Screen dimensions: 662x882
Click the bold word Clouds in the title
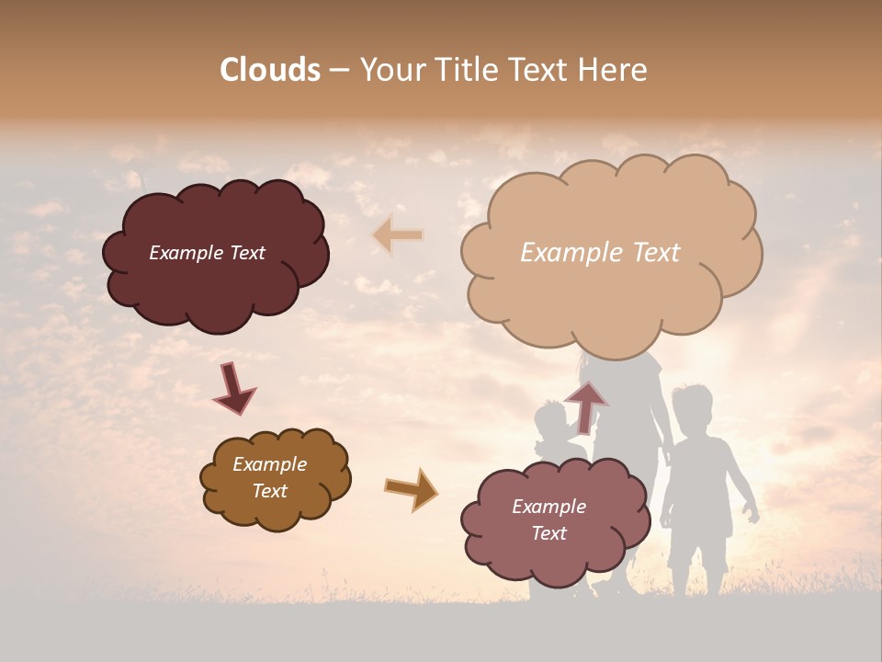pyautogui.click(x=270, y=70)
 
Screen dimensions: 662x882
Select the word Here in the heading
pyautogui.click(x=615, y=70)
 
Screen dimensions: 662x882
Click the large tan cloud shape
pyautogui.click(x=611, y=303)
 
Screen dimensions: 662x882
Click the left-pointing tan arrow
pyautogui.click(x=397, y=235)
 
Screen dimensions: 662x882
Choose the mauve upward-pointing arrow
pyautogui.click(x=586, y=406)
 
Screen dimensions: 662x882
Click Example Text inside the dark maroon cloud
pyautogui.click(x=207, y=253)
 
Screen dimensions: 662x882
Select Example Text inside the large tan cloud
pyautogui.click(x=600, y=253)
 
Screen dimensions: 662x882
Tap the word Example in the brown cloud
pyautogui.click(x=269, y=464)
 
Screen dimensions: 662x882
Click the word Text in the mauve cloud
pyautogui.click(x=548, y=533)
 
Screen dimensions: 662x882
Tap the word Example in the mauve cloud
pyautogui.click(x=548, y=507)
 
